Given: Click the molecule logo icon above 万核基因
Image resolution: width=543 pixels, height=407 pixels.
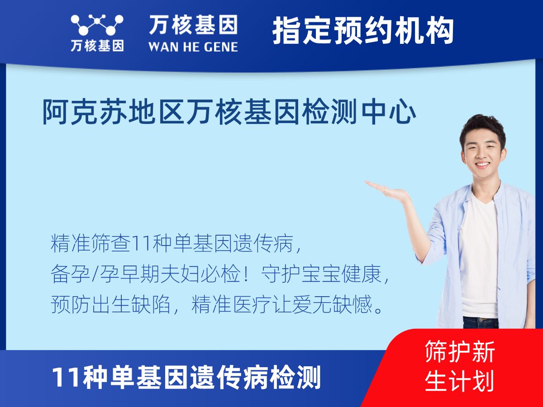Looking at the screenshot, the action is (x=97, y=25).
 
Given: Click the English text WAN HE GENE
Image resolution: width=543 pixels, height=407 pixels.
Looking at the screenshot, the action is (x=193, y=47).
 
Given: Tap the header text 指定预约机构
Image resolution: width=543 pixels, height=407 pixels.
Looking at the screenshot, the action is (x=363, y=31).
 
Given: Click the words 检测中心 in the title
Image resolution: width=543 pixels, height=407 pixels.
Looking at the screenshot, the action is (x=360, y=112).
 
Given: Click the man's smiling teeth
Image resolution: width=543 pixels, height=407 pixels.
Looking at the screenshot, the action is (x=483, y=164).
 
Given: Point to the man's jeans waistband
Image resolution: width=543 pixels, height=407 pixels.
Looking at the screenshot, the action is (x=481, y=321).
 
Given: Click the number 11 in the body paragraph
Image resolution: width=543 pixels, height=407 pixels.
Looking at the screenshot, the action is (x=141, y=243).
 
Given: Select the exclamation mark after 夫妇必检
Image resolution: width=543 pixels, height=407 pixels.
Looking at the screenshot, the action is (x=246, y=274).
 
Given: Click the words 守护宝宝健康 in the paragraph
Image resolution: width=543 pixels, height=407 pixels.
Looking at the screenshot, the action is (x=321, y=274).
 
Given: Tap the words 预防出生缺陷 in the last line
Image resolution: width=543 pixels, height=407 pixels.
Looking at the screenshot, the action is (x=110, y=304).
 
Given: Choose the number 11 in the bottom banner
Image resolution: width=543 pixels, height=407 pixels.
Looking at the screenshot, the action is (x=67, y=378).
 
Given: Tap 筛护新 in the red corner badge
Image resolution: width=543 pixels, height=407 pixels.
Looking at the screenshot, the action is (x=460, y=351).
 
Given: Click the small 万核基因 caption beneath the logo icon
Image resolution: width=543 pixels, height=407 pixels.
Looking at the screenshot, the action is (x=97, y=46).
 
